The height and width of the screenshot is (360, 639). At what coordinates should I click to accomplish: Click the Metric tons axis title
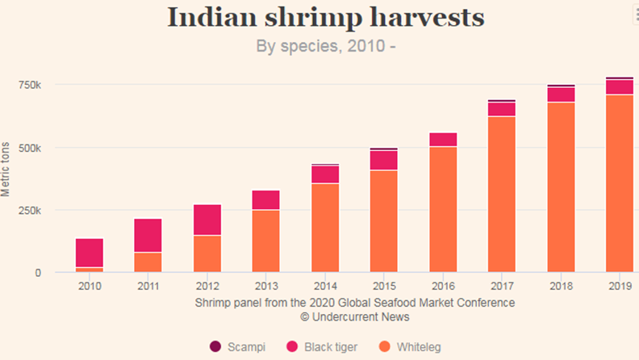(x=7, y=170)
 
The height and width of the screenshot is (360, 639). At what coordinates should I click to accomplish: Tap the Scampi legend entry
(x=239, y=347)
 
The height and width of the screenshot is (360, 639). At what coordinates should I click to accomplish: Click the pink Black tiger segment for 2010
(x=89, y=253)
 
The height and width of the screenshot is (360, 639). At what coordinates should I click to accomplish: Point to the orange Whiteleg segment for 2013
(x=265, y=241)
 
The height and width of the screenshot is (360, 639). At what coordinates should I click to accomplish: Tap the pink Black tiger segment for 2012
(x=207, y=220)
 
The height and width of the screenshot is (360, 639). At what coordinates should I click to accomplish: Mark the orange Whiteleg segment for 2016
(x=443, y=209)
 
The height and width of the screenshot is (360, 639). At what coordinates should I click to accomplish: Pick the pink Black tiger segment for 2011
(x=148, y=236)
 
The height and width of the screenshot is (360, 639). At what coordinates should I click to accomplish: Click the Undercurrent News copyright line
(x=354, y=317)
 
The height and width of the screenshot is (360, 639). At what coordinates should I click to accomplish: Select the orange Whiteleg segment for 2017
(x=502, y=194)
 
